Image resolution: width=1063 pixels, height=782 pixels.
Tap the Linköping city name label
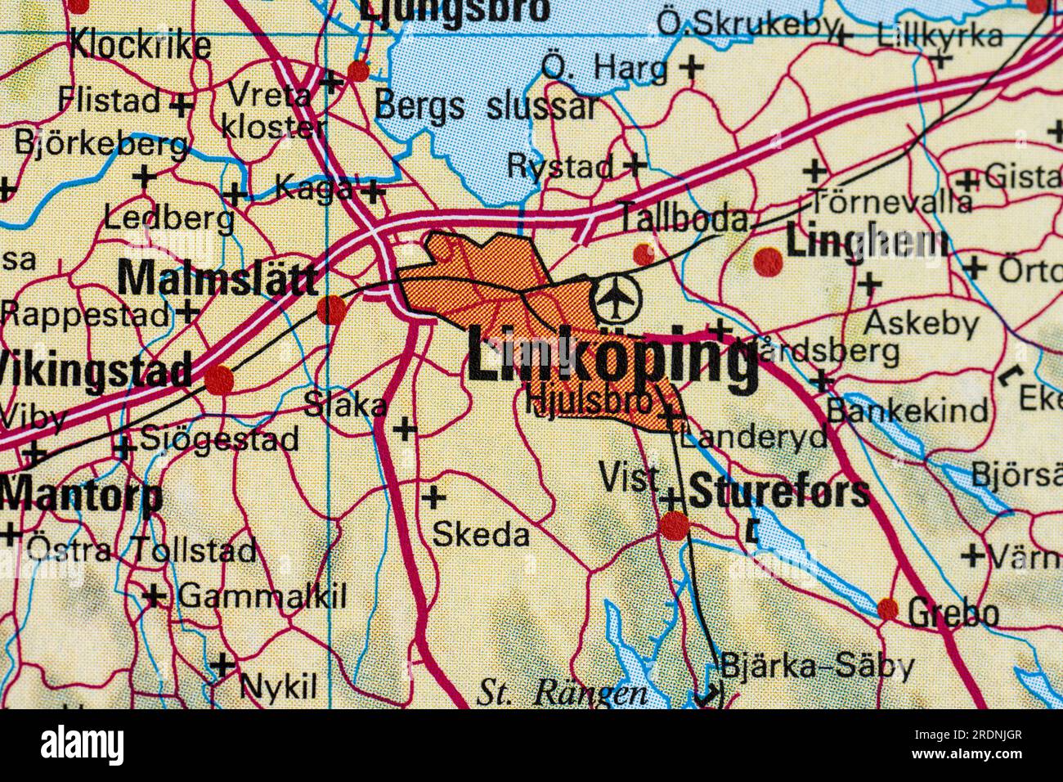coord(612,357)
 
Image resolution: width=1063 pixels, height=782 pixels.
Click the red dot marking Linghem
coord(768,261)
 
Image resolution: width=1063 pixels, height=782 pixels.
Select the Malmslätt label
coord(217,278)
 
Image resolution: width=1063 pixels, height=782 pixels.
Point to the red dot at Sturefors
coord(675,526)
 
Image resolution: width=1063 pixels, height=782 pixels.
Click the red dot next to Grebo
coord(888,609)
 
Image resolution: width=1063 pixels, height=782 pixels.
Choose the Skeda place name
coord(481,535)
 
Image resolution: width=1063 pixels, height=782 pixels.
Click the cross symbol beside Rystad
coord(634,165)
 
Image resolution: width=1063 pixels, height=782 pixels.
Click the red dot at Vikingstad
coord(218,380)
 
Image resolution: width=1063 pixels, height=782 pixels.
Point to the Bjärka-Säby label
coord(816,667)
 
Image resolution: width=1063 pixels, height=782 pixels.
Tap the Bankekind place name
coord(907,409)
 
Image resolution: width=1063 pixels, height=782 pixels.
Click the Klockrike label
coord(140,46)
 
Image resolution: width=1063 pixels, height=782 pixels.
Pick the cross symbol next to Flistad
coord(182,105)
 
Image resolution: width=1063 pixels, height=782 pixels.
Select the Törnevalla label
coord(890,201)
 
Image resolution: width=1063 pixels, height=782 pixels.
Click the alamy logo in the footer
coord(83,745)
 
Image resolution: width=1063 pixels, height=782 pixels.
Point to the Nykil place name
coord(277,685)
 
